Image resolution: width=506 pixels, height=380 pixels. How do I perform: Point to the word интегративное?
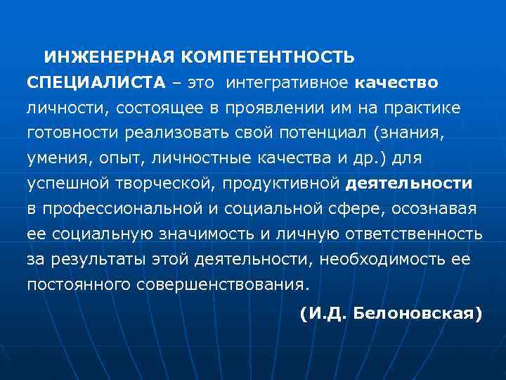click(287, 83)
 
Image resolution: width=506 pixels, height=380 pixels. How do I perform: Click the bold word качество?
click(397, 83)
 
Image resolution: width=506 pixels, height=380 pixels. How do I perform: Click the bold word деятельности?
click(409, 184)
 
